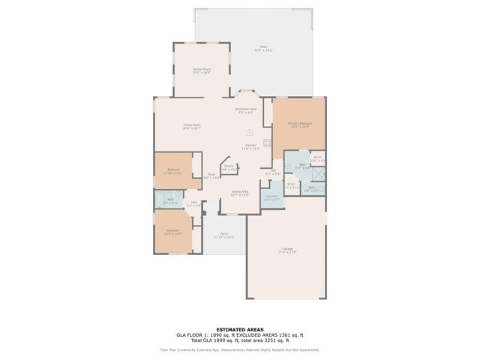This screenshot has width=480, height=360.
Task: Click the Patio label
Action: point(263,46)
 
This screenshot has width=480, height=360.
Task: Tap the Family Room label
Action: point(202,70)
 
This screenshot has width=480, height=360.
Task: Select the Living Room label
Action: point(192,125)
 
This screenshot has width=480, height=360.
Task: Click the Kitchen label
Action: point(250,145)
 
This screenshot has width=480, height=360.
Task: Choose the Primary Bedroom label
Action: point(299,124)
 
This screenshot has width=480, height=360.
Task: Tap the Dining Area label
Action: point(240,192)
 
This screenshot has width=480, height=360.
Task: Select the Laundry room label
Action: point(271,198)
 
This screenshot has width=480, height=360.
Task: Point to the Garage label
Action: point(287,249)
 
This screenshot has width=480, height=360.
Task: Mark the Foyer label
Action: point(210,175)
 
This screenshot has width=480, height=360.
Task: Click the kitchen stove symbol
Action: point(266,142)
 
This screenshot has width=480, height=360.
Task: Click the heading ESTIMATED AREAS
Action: point(239,329)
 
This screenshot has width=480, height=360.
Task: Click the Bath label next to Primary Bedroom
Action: point(302,165)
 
